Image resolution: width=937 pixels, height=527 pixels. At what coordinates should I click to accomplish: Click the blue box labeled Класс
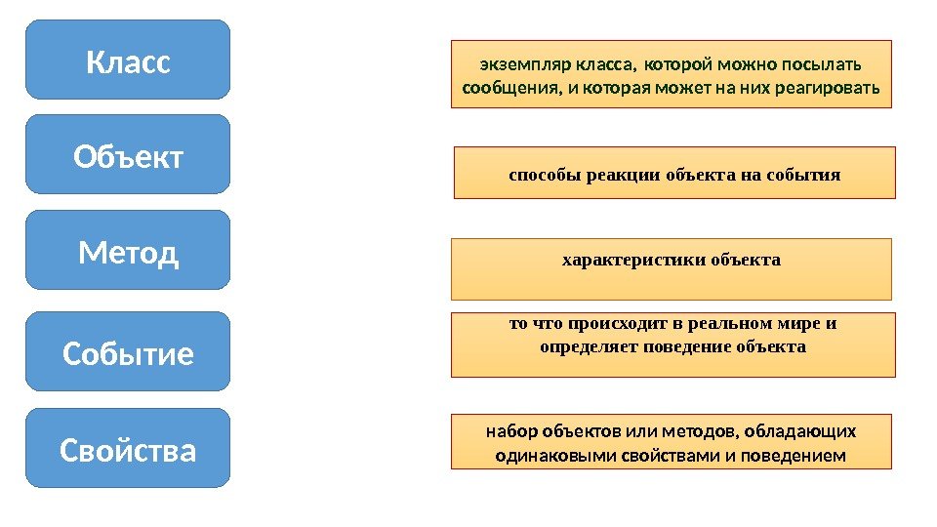point(128,61)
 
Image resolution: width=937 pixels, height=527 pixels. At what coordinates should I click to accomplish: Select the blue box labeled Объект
point(128,155)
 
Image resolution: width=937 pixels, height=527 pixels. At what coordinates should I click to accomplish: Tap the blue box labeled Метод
point(128,251)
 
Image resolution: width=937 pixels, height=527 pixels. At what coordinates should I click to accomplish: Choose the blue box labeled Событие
point(128,351)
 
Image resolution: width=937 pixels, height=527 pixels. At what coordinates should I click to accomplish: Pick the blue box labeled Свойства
point(128,449)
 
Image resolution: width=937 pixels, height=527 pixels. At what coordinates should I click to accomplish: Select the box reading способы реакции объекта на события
point(673,174)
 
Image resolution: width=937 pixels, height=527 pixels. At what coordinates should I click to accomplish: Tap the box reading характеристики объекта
point(672,269)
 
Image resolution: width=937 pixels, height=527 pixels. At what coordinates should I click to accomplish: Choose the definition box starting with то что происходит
point(672,345)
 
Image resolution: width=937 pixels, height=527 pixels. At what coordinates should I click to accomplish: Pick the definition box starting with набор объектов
point(672,442)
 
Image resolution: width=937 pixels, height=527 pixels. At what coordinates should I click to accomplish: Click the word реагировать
point(835,90)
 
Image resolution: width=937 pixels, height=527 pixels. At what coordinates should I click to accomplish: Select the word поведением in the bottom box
point(801,456)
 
